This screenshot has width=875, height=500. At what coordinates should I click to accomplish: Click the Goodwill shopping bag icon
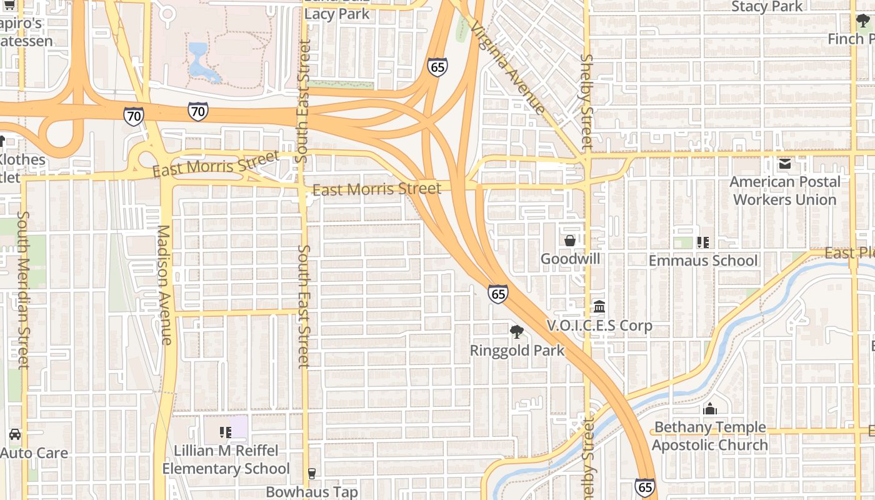coord(570,241)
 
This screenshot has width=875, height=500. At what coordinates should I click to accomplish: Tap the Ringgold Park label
coord(517,351)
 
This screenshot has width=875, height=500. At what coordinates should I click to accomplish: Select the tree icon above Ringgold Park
coord(516,331)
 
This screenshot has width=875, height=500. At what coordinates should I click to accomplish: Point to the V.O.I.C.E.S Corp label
coord(599,326)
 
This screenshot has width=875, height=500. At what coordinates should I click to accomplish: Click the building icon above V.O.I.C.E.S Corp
coord(599,307)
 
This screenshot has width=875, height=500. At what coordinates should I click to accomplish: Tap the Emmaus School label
coord(703,261)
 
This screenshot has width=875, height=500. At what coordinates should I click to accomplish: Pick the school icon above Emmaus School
coord(703,242)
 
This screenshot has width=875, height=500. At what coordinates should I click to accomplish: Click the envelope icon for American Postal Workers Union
coord(785,164)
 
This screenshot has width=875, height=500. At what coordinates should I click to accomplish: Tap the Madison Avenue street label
coord(164,284)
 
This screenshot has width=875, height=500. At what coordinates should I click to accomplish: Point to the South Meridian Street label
coord(23,289)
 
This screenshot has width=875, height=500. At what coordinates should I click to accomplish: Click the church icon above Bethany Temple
coord(709,409)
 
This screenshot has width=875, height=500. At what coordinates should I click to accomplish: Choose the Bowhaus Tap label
coord(312,492)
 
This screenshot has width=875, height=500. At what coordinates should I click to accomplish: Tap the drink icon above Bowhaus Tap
coord(312,474)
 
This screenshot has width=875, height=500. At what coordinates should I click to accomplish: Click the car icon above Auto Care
coord(15,434)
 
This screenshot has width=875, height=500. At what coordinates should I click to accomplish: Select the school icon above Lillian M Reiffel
coord(226,432)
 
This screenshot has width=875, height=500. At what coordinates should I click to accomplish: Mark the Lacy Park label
coord(337,14)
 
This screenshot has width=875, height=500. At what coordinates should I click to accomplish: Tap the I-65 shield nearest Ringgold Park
coord(498,293)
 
